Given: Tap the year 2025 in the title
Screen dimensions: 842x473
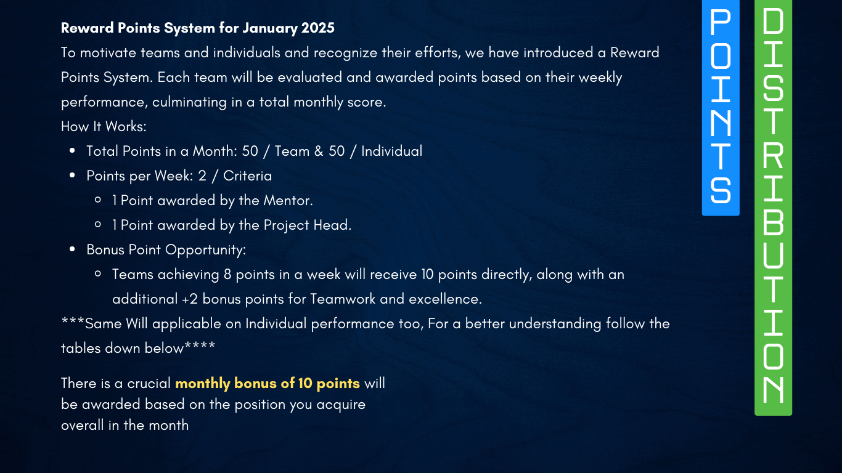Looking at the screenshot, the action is pos(318,28).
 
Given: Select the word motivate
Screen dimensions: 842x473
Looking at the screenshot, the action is pos(108,52).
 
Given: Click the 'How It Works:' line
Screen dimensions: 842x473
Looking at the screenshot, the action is pos(104,127).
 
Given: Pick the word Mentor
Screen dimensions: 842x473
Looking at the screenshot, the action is pos(288,201).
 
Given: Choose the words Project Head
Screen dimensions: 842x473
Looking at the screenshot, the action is pos(307,225).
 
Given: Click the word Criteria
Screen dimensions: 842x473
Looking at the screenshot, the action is pos(247,176).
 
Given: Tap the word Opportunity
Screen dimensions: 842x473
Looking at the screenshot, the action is pos(205,250).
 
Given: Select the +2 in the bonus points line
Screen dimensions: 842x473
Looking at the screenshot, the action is pos(189,299).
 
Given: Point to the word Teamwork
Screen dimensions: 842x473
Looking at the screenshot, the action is pos(343,299).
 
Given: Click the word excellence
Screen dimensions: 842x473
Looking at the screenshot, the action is pos(445,299).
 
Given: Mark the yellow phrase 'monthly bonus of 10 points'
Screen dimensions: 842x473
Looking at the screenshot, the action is pos(268,384).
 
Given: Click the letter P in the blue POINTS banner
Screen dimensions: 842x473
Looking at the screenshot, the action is pos(720,23).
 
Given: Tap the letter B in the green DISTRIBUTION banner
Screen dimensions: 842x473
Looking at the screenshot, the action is pos(773,222).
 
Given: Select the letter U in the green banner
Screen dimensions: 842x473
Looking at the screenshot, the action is pos(773,255).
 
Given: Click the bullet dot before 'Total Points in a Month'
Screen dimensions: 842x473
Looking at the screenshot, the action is pos(72,151).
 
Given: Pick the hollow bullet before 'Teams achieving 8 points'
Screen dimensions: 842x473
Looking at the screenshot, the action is pos(98,274).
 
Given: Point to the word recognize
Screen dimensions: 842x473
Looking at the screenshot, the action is pos(345,53).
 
